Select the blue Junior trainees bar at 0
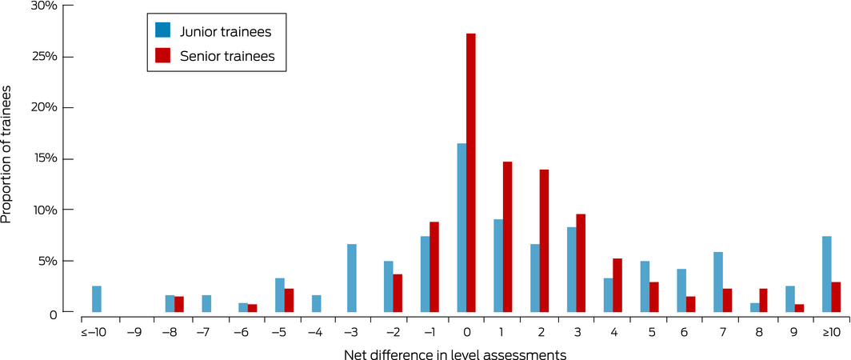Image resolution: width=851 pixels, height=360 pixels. click(461, 228)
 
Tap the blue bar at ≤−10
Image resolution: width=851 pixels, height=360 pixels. click(97, 299)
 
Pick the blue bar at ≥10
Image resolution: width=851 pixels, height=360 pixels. click(826, 274)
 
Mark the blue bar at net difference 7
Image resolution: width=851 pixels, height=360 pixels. click(717, 282)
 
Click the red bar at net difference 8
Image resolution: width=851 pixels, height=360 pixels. click(763, 300)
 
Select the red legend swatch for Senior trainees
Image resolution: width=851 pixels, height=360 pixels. click(163, 55)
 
